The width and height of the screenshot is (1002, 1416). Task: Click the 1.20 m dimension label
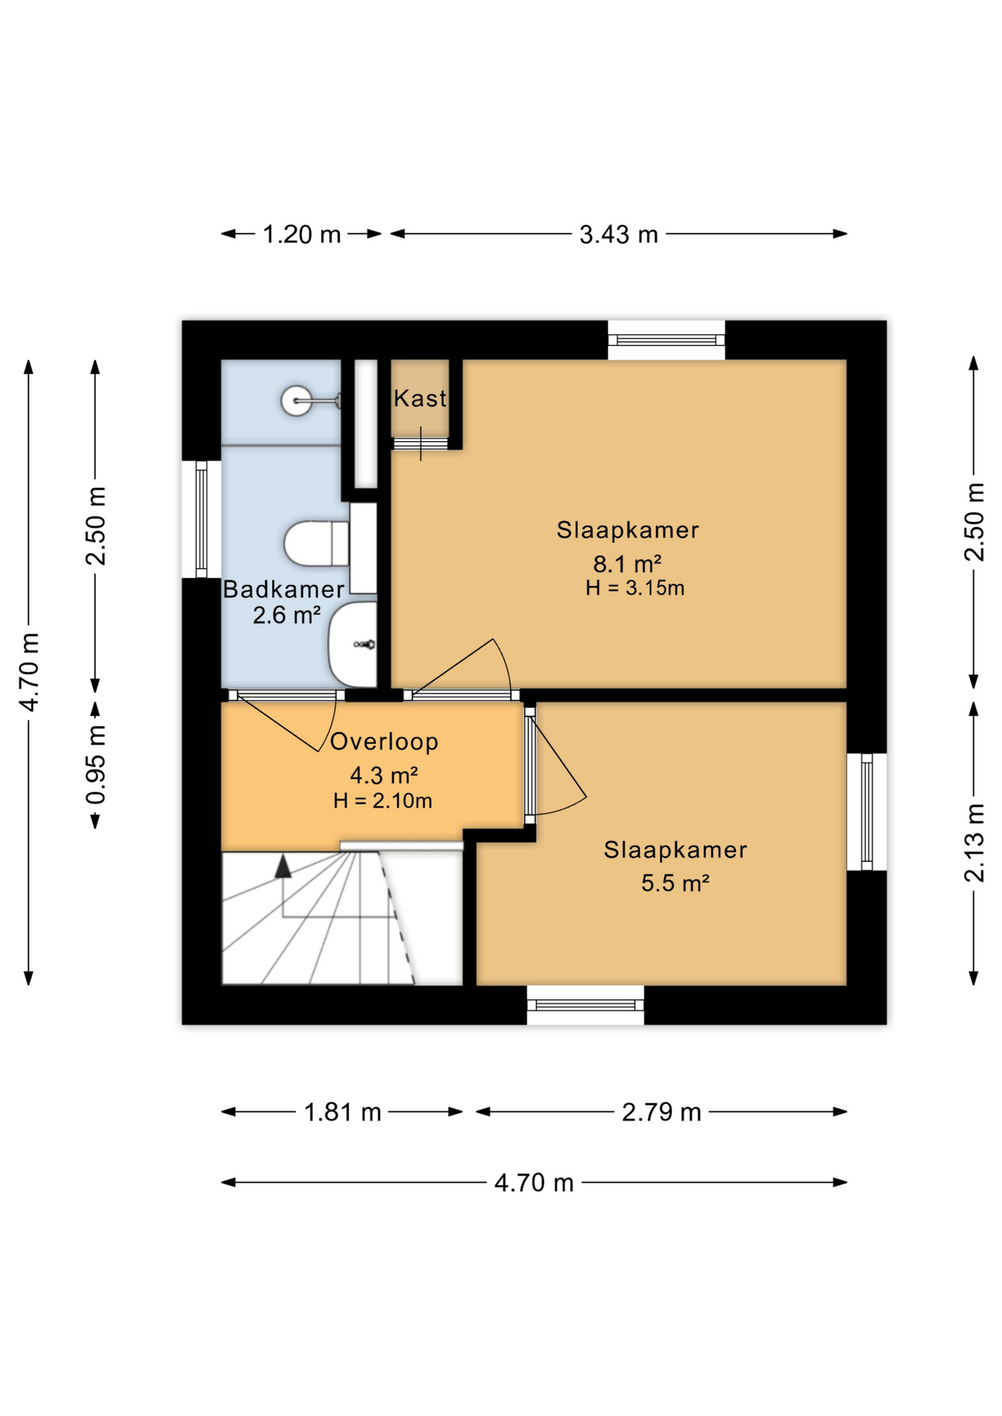(x=302, y=235)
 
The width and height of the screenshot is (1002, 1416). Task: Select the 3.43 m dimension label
(x=618, y=235)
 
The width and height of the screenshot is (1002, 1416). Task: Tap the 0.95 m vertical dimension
(x=96, y=764)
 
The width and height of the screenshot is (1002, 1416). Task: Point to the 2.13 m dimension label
(x=974, y=842)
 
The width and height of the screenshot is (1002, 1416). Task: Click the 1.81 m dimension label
(x=342, y=1111)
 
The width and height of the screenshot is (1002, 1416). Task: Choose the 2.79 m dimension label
(x=661, y=1111)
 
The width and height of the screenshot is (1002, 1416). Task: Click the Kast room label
(x=420, y=399)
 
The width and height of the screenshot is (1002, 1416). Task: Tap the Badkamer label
(x=283, y=589)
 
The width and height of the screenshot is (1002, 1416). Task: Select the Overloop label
(x=384, y=742)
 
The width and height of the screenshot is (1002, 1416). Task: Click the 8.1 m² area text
(x=627, y=564)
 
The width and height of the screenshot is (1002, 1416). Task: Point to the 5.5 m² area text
(x=675, y=883)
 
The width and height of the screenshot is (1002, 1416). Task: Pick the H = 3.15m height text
(x=635, y=589)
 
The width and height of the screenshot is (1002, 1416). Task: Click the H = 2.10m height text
(x=382, y=801)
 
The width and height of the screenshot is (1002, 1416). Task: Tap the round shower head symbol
(x=297, y=400)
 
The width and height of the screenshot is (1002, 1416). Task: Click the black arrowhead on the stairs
(x=283, y=867)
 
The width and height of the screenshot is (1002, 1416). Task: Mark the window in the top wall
(x=666, y=340)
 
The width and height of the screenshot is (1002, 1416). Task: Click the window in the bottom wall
(x=585, y=1004)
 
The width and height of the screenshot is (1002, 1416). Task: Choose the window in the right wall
(x=866, y=811)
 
